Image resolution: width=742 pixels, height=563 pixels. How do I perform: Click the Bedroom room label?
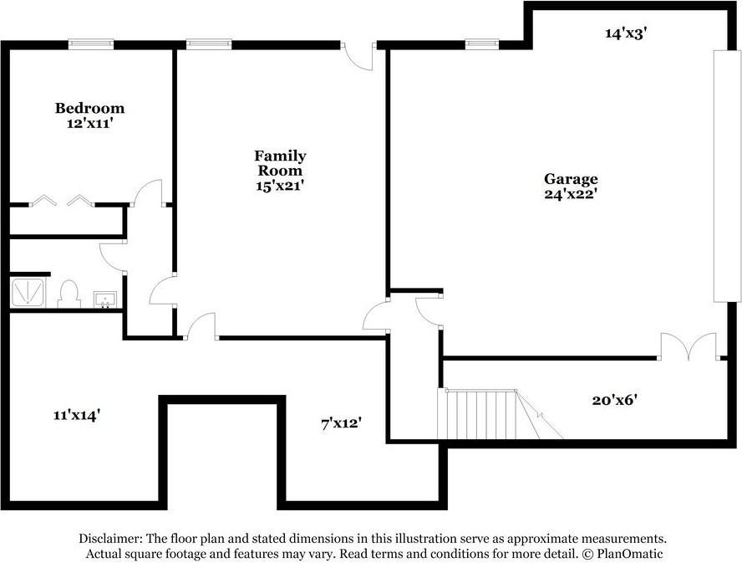tap(90, 108)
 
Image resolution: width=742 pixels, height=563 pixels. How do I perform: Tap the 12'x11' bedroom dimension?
tap(90, 124)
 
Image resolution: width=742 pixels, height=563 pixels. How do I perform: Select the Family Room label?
tap(280, 163)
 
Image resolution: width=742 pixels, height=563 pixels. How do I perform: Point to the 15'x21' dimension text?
tap(280, 186)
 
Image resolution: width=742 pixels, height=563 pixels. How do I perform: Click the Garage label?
tap(571, 179)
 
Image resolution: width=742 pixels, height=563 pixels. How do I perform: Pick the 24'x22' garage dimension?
tap(569, 194)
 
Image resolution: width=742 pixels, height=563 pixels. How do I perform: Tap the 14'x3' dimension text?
tap(626, 33)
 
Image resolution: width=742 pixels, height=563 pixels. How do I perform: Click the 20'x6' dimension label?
tap(615, 400)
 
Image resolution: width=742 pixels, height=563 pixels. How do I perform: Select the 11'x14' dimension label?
tap(76, 415)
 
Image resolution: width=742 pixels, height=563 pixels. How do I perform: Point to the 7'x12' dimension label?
tap(342, 423)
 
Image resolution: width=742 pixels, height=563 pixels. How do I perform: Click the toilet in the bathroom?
tap(69, 294)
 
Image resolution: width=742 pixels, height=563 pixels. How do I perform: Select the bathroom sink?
tap(104, 299)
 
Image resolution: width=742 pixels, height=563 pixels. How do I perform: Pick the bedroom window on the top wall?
tap(91, 44)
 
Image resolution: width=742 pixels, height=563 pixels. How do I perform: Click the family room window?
tap(209, 44)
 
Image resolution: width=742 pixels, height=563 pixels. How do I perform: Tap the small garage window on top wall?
tap(482, 44)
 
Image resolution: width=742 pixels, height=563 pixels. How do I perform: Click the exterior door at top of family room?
tap(358, 57)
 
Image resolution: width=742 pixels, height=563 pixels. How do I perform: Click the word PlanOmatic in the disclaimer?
tap(629, 554)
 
